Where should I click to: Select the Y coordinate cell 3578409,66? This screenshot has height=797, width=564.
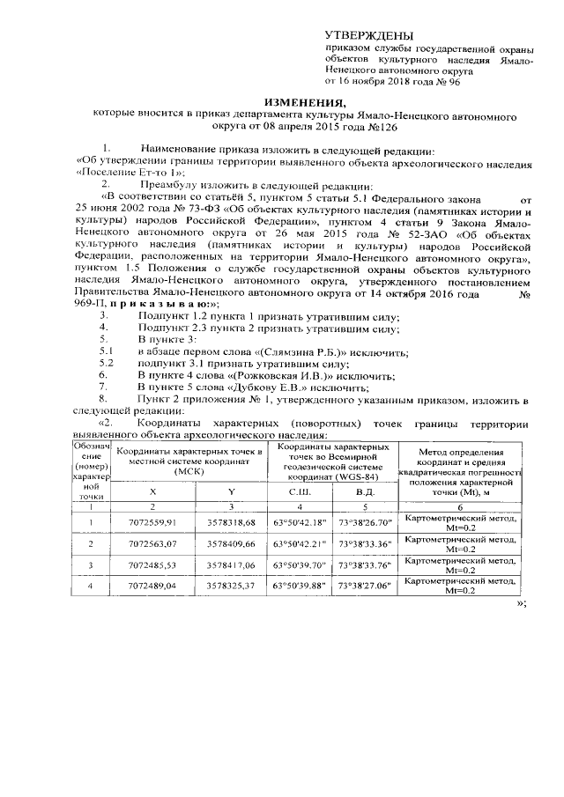pos(231,544)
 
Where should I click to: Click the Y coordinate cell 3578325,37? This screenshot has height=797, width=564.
pos(231,586)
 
